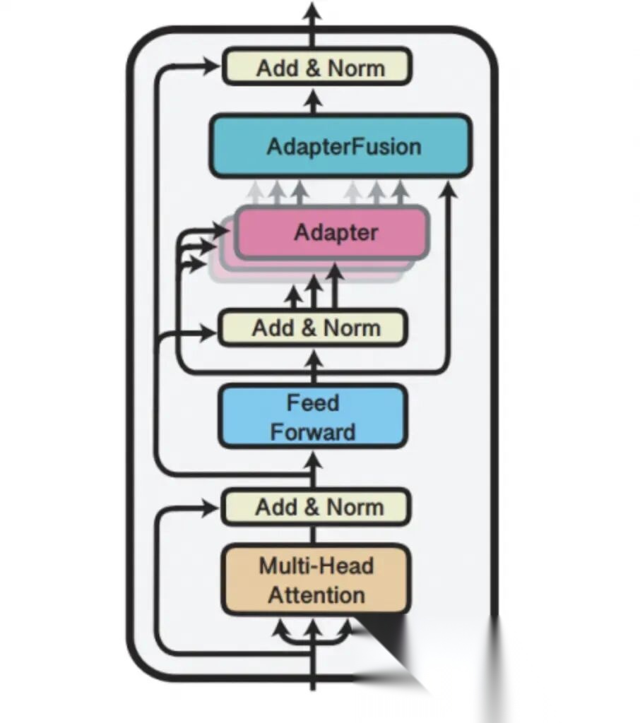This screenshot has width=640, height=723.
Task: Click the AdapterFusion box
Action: pyautogui.click(x=340, y=146)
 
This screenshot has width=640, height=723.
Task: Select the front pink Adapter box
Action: pyautogui.click(x=332, y=232)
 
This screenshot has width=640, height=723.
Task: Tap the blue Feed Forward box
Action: pyautogui.click(x=312, y=417)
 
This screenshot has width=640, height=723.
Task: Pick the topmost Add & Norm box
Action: pyautogui.click(x=316, y=68)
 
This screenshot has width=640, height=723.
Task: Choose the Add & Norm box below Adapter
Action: pyautogui.click(x=312, y=328)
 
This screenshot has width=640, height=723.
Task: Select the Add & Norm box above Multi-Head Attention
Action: pyautogui.click(x=315, y=507)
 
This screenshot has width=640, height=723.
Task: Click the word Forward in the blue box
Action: pyautogui.click(x=313, y=431)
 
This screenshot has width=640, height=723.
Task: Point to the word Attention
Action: pyautogui.click(x=316, y=594)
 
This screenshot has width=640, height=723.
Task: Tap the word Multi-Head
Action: pyautogui.click(x=316, y=566)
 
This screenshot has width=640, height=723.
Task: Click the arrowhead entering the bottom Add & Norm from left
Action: pyautogui.click(x=211, y=507)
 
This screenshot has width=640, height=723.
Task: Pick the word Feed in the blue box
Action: pyautogui.click(x=313, y=402)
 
